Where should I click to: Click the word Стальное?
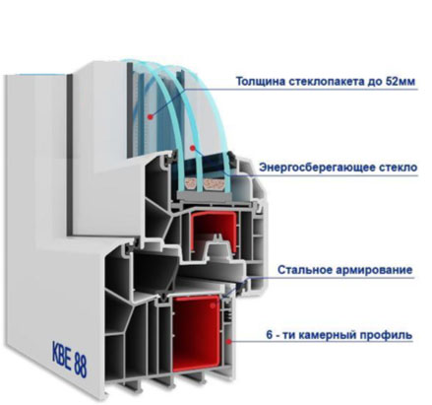tap(304, 270)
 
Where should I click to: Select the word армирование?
tap(374, 270)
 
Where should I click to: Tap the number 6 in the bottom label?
tap(270, 335)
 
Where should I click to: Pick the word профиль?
tap(386, 335)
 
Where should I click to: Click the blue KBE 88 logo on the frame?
tap(70, 359)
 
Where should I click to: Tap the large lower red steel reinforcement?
tap(196, 332)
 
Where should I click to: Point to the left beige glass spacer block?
tap(191, 184)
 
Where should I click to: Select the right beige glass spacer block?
tap(216, 185)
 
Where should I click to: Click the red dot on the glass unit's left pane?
tap(151, 116)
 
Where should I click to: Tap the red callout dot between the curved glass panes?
tap(193, 148)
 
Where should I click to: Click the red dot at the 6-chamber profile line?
tap(229, 342)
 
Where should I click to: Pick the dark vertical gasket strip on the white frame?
tap(70, 155)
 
